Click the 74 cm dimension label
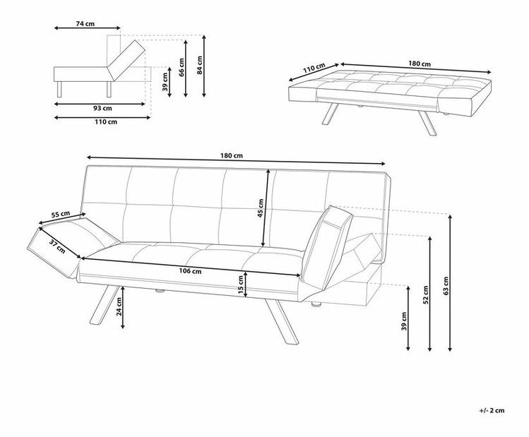click(85, 23)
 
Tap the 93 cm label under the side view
click(102, 109)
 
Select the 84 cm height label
click(200, 65)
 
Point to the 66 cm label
click(182, 68)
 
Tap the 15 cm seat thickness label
click(241, 285)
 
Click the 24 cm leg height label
click(119, 306)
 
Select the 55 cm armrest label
click(61, 214)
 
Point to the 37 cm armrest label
click(57, 246)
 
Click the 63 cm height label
click(446, 286)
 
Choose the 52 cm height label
click(426, 295)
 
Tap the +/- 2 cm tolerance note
click(492, 410)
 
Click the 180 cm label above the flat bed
click(420, 64)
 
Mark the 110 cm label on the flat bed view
click(314, 68)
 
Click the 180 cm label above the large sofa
click(232, 156)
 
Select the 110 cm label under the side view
click(106, 121)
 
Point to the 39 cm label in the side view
click(165, 83)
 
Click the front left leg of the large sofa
click(104, 305)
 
